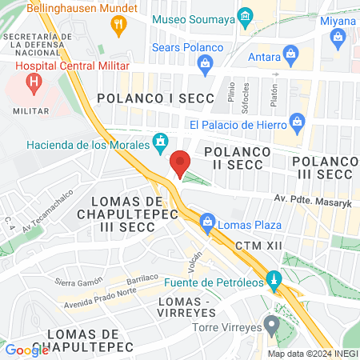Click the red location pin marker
(x=181, y=162)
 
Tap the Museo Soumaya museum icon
(x=246, y=15)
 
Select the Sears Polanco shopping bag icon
(x=206, y=62)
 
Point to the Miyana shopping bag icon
(x=338, y=35)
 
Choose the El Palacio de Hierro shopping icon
(x=298, y=122)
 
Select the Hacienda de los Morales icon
(x=161, y=142)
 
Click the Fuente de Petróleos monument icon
(x=274, y=280)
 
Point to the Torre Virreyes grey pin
(x=272, y=325)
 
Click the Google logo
(x=26, y=350)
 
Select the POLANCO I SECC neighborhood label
(x=155, y=98)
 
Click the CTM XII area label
(x=259, y=244)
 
